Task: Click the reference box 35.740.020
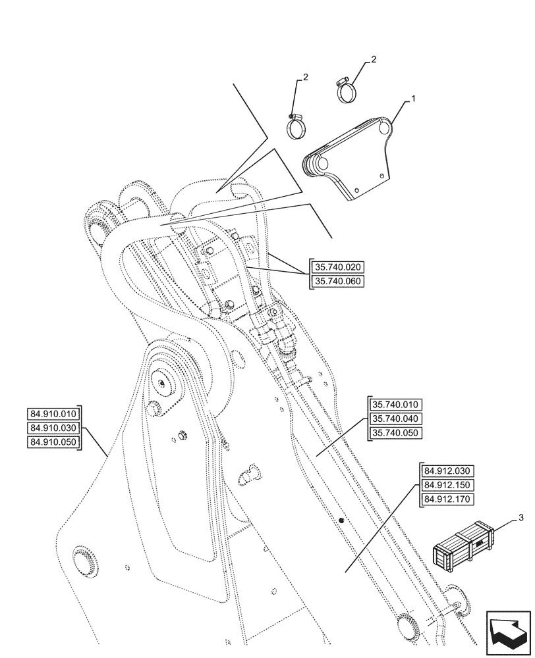point(337,267)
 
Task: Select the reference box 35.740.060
point(337,282)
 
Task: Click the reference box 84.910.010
point(53,413)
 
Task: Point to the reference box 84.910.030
point(53,428)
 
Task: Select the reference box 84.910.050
point(53,442)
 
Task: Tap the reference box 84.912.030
point(446,470)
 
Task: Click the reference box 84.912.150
point(446,485)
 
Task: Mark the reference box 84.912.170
point(446,499)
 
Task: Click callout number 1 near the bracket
point(413,98)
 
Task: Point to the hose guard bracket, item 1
point(356,158)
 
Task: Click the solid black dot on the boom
point(342,521)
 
